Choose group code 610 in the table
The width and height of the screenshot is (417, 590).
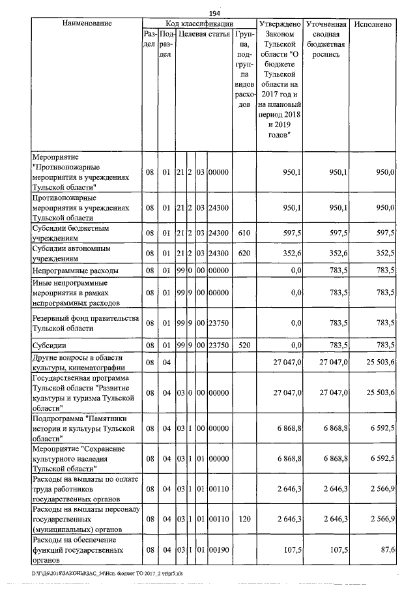pyautogui.click(x=242, y=233)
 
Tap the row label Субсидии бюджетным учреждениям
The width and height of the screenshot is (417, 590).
pyautogui.click(x=70, y=233)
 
